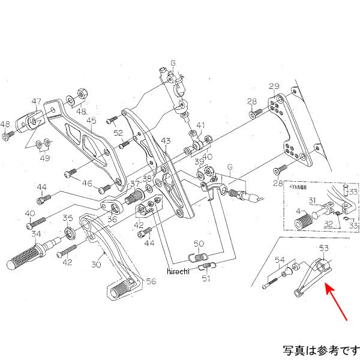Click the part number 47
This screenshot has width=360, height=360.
(x=37, y=101)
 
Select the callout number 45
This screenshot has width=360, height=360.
(x=91, y=121)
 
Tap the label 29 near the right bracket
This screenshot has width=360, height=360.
(x=274, y=86)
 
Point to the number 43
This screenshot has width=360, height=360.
(x=166, y=140)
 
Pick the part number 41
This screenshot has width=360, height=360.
(x=200, y=126)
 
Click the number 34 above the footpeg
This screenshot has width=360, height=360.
(x=36, y=234)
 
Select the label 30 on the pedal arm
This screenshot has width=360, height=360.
(x=96, y=265)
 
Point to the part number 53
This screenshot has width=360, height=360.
(x=324, y=248)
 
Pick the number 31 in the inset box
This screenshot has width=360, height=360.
(x=313, y=200)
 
